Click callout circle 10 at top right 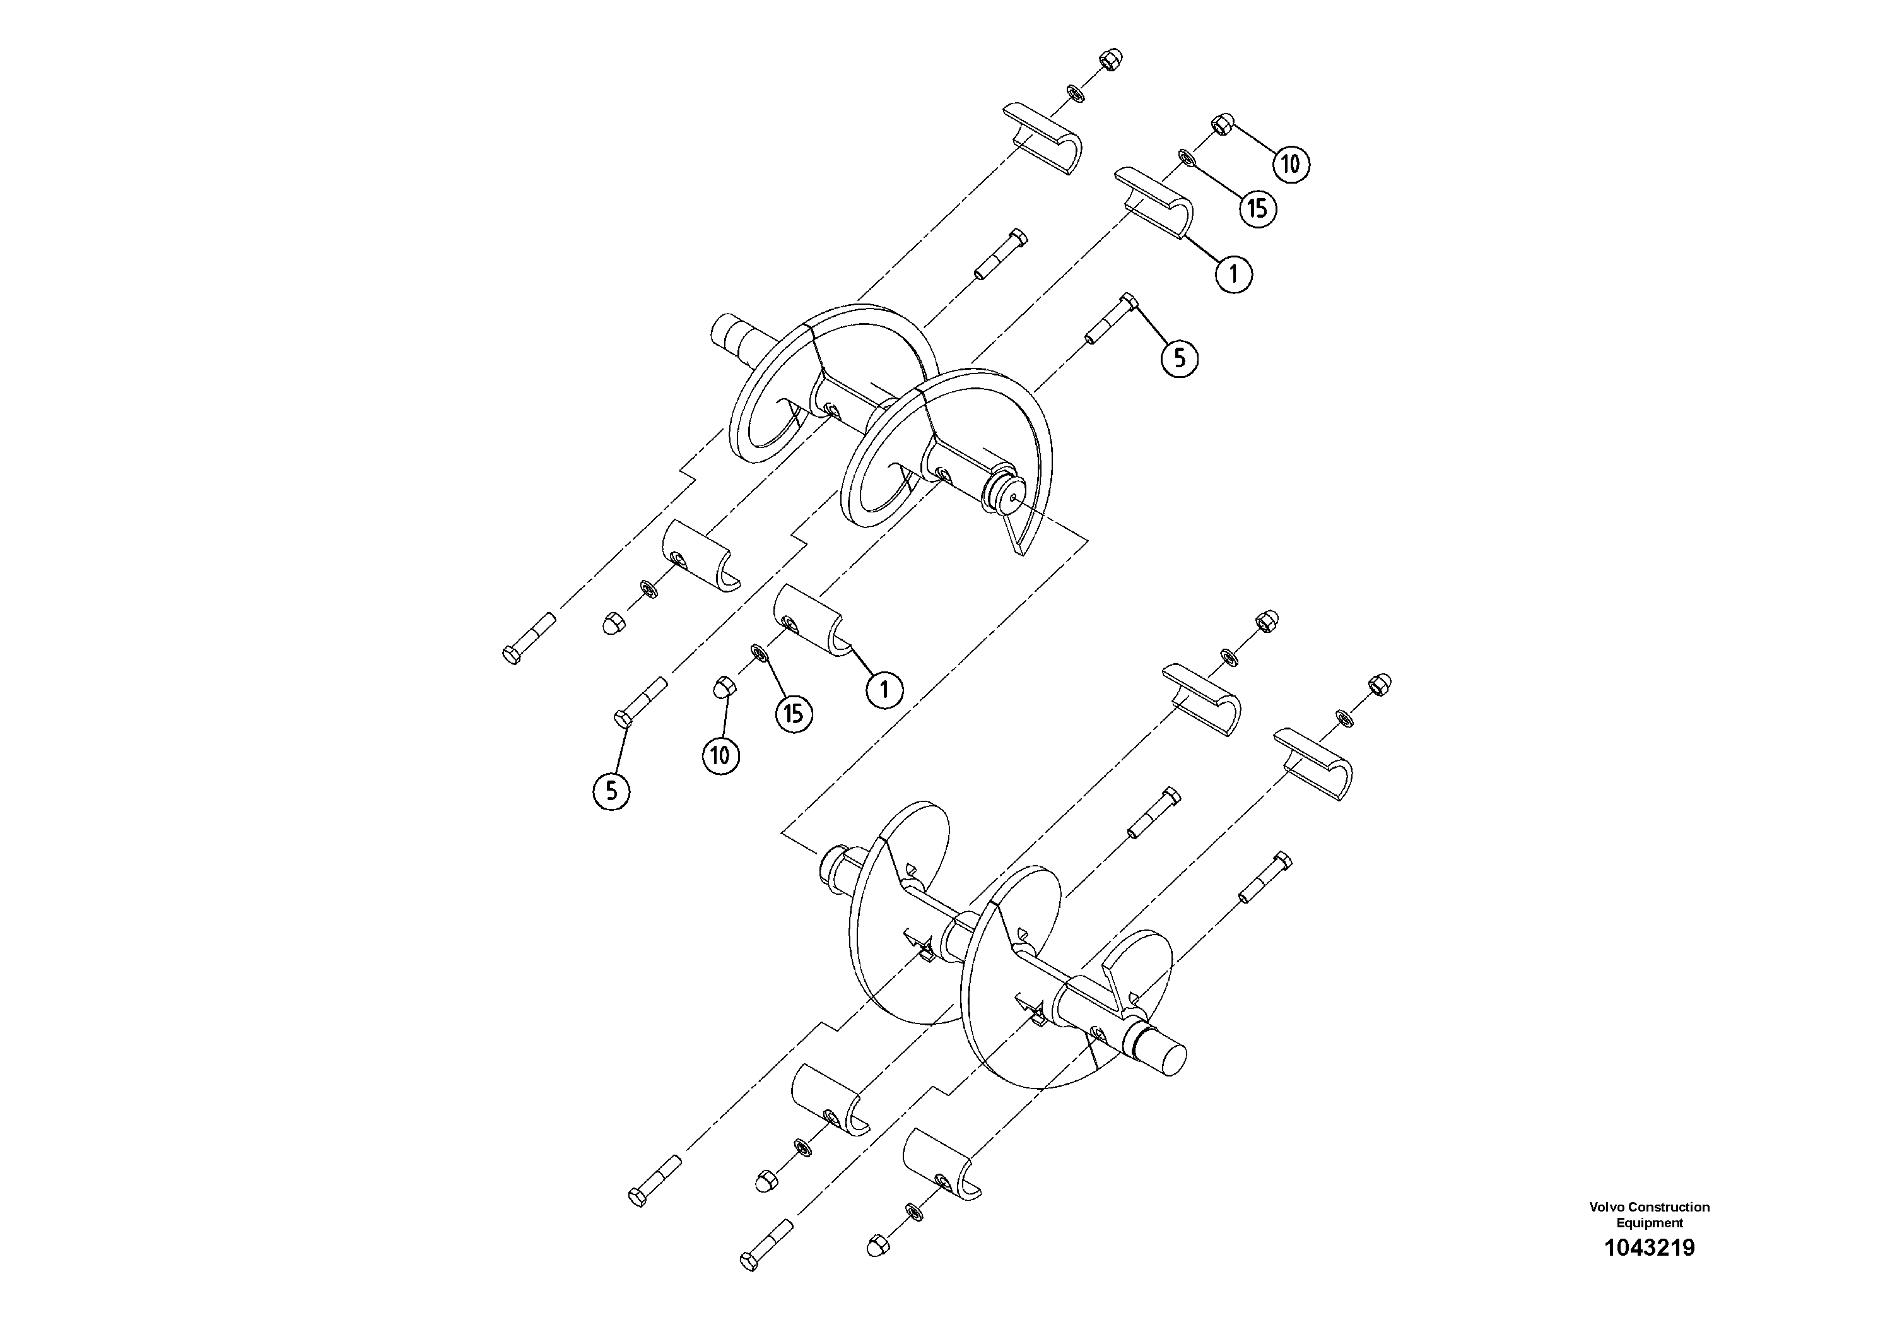[1291, 165]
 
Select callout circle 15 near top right [1257, 209]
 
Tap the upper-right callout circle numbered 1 [1233, 274]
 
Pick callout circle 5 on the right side [1180, 358]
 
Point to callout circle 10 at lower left [720, 754]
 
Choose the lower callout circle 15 [794, 714]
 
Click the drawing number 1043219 [1649, 1271]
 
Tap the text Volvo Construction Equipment [1649, 1237]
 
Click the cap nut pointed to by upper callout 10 [1221, 125]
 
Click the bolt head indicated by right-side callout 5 [1127, 301]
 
